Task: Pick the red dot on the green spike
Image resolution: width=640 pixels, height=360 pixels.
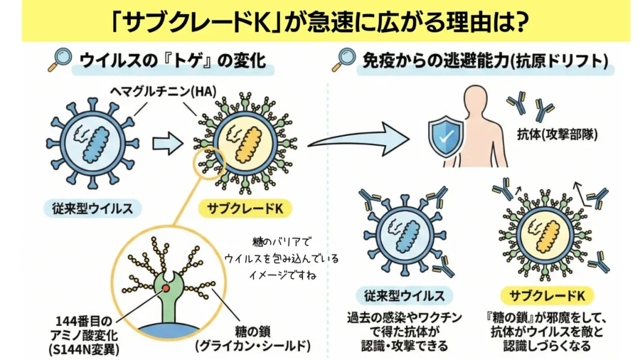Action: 166,287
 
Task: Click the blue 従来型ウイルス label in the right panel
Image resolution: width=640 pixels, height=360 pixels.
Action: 400,295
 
